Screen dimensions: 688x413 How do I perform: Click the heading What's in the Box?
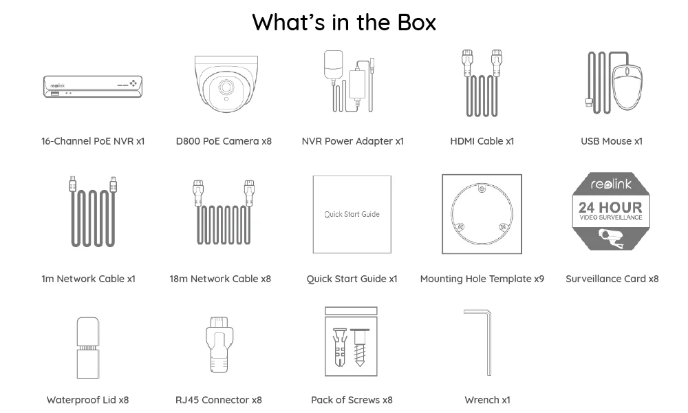pos(344,22)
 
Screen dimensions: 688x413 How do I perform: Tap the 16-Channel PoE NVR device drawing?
pos(93,87)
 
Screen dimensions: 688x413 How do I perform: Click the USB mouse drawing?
pos(626,87)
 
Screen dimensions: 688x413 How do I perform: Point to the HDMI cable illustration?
pos(482,83)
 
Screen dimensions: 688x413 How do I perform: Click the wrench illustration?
pos(482,341)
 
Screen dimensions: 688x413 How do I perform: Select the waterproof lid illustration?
pos(87,347)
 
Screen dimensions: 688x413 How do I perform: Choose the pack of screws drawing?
pos(351,341)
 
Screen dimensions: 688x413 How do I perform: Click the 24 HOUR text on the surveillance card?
pos(610,207)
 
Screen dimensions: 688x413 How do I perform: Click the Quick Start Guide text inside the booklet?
pos(352,214)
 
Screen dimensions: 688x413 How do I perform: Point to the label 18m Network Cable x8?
pos(220,279)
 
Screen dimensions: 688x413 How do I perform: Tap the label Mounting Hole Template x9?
pos(482,279)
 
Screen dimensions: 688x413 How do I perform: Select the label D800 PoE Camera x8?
pos(224,141)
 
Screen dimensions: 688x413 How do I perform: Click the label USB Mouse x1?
pos(611,141)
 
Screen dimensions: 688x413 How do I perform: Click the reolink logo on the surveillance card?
pos(611,184)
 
